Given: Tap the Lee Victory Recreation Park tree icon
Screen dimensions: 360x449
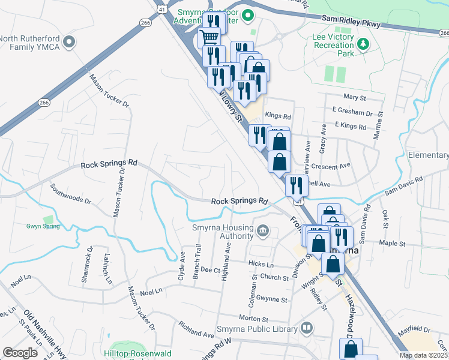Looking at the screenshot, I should [363, 44].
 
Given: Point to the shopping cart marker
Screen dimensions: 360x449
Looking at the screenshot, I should [209, 37].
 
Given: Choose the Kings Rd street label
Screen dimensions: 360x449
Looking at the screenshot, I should [277, 116].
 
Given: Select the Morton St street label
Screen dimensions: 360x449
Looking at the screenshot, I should [252, 317].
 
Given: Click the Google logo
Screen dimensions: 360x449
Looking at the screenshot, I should [20, 353].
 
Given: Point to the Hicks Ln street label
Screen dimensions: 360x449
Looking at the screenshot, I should [262, 265].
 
